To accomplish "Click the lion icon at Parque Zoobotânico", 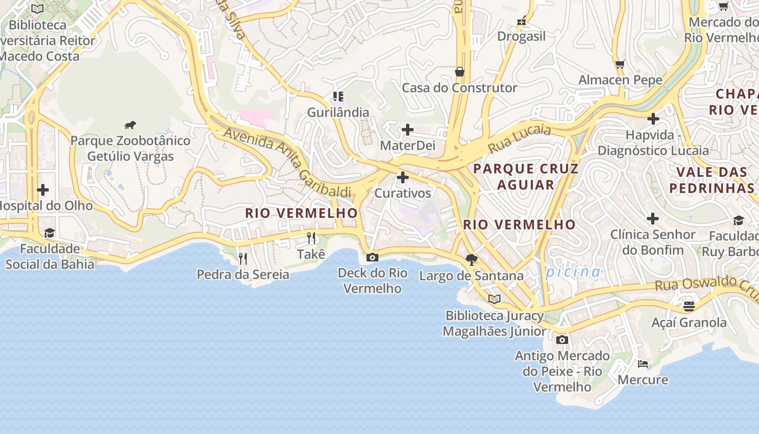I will pos(130,125).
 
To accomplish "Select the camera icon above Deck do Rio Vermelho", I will pos(372,257).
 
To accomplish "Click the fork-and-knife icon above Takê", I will pos(311,238).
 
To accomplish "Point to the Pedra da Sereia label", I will pos(243,275).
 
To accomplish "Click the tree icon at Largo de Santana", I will pos(472,260).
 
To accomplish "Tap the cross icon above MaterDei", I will pos(408,130).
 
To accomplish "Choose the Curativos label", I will pos(403,193).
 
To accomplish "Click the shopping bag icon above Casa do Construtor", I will pos(460,72).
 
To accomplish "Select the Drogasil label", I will pos(522,36).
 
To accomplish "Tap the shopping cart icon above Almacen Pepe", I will pos(620,64).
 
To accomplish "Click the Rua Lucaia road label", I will pos(519,138).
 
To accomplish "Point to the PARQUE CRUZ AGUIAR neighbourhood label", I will pos(526,176).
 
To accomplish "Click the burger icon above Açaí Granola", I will pos(689,307).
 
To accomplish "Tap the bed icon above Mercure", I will pos(643,363).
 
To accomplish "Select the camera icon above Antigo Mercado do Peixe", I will pos(562,340).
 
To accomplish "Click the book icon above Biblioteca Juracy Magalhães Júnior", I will pos(494,299).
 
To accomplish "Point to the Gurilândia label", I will pos(338,112).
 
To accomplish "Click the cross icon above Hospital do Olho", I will pos(43,190).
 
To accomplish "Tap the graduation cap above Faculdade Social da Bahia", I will pos(50,233).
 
